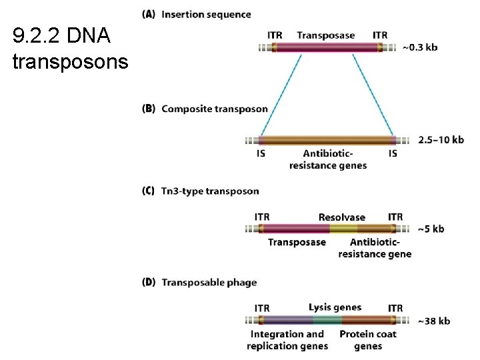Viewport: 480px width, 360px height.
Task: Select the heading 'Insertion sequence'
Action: point(206,14)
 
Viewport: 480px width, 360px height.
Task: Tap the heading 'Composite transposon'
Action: point(214,109)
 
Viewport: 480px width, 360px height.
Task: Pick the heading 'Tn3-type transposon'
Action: point(210,191)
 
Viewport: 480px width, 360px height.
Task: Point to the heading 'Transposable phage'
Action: point(209,282)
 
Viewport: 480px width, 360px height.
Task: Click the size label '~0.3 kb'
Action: point(420,47)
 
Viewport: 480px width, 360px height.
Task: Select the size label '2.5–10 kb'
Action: point(441,139)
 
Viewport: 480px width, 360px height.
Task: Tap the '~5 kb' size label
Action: point(431,229)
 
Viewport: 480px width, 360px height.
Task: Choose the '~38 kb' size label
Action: point(433,321)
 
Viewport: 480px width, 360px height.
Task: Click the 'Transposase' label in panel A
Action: point(325,35)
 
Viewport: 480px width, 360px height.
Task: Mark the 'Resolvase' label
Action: point(341,217)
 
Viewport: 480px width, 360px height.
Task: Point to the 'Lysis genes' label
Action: point(335,307)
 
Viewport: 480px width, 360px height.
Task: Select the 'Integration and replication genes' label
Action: point(287,340)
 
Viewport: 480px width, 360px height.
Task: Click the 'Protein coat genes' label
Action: point(368,340)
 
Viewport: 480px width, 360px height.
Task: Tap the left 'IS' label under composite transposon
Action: point(261,153)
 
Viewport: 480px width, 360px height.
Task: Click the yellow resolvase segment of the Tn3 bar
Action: point(343,229)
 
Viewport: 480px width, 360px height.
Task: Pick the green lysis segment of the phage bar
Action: point(327,320)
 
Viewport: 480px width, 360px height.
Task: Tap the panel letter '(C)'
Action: point(149,191)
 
